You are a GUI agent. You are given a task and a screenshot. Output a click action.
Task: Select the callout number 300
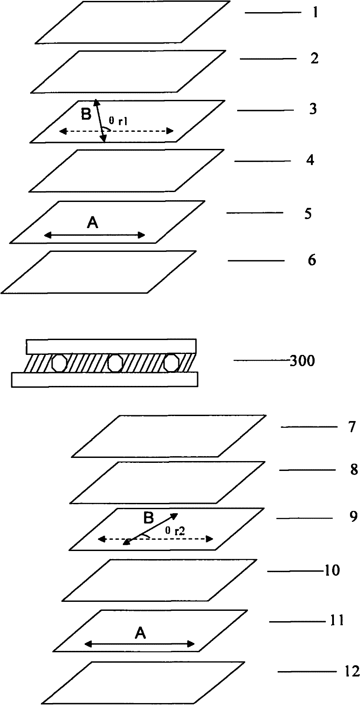[x=303, y=360]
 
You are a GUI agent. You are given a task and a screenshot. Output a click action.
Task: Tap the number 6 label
[x=312, y=260]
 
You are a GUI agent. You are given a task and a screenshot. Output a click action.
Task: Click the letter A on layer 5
[x=93, y=223]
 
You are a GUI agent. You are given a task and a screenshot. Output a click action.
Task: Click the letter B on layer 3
[x=85, y=115]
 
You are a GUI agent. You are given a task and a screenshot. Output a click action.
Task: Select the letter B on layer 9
[x=148, y=519]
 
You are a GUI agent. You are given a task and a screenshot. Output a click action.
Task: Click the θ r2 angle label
[x=174, y=531]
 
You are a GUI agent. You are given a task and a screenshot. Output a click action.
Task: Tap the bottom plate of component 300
[x=104, y=379]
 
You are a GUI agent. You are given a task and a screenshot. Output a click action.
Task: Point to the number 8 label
[x=354, y=470]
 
